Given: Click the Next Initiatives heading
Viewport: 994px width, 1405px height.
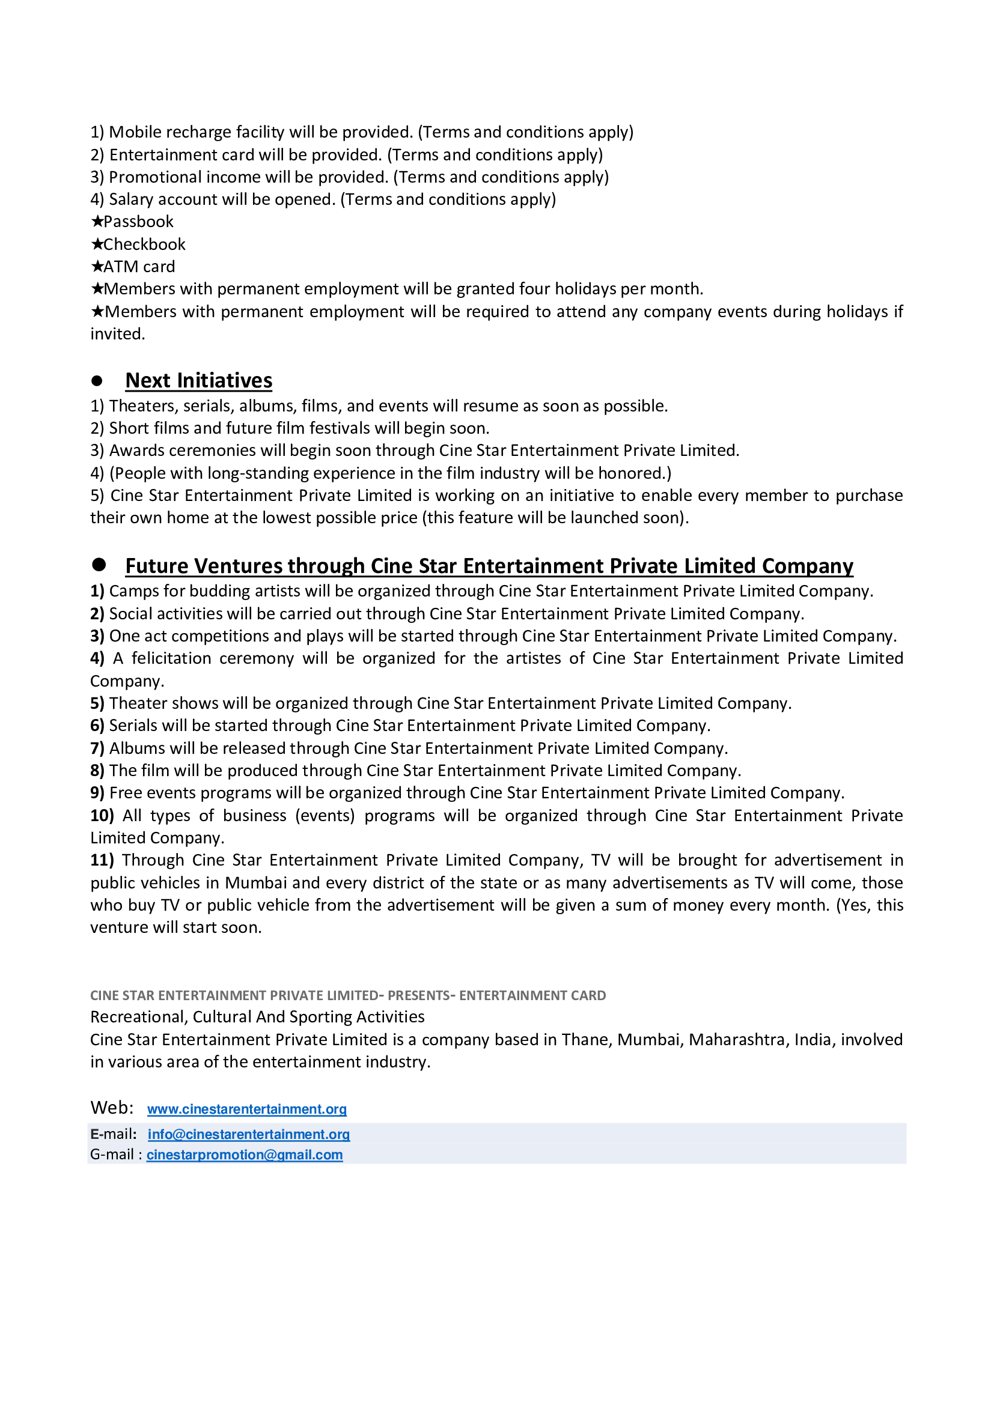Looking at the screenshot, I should pos(198,381).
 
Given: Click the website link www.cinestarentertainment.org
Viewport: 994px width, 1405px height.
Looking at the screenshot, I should pos(246,1109).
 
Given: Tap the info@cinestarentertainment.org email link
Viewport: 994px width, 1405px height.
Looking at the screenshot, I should pos(249,1134).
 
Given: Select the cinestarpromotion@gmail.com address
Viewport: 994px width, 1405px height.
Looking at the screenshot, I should pos(244,1155).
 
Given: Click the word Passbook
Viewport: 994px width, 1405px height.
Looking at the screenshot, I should pos(138,222).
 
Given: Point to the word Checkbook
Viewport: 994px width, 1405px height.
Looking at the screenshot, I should pos(144,244).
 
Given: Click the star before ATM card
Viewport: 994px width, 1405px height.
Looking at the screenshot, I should pos(97,267).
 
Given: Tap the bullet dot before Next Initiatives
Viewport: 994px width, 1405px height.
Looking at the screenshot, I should pos(97,381).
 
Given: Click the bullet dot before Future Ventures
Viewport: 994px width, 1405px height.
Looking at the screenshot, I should pos(99,564).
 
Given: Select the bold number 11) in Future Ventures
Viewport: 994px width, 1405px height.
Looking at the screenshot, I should pos(102,860).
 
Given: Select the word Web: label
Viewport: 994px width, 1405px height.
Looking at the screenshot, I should pos(112,1108).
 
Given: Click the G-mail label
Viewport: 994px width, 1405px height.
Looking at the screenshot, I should pos(112,1154).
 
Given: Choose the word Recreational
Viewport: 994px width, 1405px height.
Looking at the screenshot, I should pos(139,1016).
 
